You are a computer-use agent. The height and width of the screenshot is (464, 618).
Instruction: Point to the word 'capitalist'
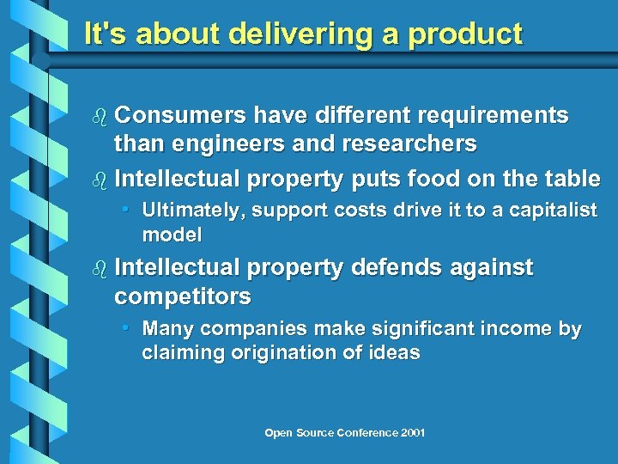pyautogui.click(x=554, y=211)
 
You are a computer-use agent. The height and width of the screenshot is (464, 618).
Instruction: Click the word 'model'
pyautogui.click(x=172, y=234)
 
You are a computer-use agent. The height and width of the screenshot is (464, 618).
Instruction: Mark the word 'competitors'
pyautogui.click(x=183, y=296)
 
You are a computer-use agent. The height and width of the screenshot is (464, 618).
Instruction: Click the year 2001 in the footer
pyautogui.click(x=412, y=433)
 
